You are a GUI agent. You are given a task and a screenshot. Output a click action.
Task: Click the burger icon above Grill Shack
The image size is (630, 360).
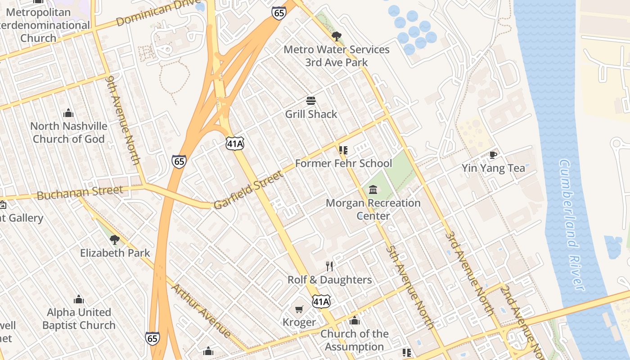[310, 100]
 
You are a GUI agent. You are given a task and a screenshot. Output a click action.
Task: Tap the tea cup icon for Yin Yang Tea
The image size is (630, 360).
[493, 155]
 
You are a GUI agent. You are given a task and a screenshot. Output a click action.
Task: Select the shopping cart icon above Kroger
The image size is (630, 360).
[299, 309]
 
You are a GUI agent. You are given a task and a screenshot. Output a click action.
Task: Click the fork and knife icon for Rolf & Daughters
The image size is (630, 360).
[329, 266]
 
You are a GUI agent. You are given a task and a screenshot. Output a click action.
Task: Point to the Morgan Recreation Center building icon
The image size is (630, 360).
[373, 189]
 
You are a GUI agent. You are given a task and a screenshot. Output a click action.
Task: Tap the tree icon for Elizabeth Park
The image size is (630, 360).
[115, 239]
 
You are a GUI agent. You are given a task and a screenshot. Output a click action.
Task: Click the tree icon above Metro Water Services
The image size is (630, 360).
[336, 36]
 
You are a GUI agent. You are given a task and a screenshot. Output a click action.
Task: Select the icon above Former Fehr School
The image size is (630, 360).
[343, 150]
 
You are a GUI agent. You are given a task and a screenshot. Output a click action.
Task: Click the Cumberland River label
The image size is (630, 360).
[571, 225]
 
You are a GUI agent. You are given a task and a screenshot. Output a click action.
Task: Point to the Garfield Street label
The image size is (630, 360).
[248, 189]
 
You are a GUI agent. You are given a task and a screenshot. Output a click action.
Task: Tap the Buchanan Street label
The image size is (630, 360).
[80, 193]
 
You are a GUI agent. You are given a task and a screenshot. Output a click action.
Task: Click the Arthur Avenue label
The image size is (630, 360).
[201, 310]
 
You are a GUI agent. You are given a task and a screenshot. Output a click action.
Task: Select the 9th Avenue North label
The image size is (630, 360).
[123, 120]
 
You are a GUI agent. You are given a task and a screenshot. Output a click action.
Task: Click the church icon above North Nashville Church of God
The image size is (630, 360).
[68, 112]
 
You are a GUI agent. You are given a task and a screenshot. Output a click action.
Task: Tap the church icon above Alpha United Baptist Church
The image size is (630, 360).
[79, 299]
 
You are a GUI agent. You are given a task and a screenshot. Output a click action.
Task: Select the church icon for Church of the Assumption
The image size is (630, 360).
[355, 320]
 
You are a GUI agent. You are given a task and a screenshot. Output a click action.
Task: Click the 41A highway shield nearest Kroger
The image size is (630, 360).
[321, 301]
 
